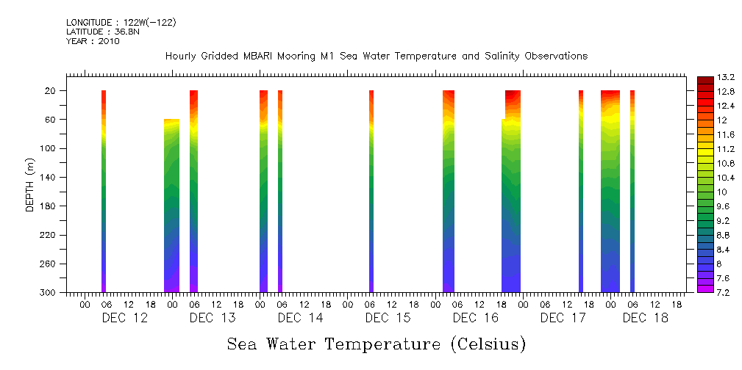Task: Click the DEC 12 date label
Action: pyautogui.click(x=124, y=318)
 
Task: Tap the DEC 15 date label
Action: pyautogui.click(x=388, y=318)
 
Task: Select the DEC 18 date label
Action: pyautogui.click(x=645, y=318)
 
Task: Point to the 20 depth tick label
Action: pyautogui.click(x=51, y=91)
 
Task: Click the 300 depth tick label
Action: pyautogui.click(x=49, y=293)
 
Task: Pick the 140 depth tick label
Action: pyautogui.click(x=49, y=178)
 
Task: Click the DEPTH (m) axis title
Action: pyautogui.click(x=30, y=184)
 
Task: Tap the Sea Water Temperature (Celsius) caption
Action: pyautogui.click(x=377, y=344)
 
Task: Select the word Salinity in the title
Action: pyautogui.click(x=488, y=57)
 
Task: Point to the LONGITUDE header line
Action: pyautogui.click(x=121, y=22)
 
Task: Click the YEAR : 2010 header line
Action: pyautogui.click(x=93, y=41)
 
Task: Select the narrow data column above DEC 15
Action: pyautogui.click(x=371, y=191)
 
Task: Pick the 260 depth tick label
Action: pyautogui.click(x=49, y=264)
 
